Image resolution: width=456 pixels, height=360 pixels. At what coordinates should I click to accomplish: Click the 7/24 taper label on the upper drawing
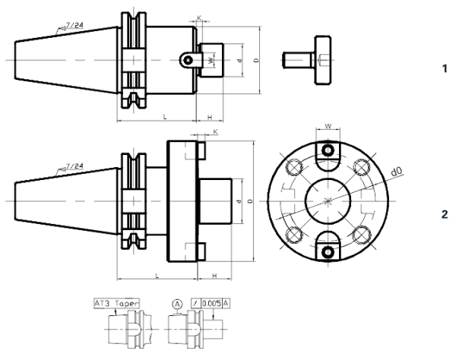coord(72,27)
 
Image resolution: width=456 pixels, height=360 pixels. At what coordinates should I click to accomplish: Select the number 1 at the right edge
coord(445,68)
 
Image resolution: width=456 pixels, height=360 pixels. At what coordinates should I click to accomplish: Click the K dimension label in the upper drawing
coord(199,16)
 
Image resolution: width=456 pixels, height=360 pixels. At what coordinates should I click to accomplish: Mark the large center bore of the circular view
coord(328,201)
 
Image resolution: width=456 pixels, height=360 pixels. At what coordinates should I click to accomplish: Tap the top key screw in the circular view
coord(328,149)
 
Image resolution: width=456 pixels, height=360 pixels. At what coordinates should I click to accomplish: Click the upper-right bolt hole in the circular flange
coord(363,166)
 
